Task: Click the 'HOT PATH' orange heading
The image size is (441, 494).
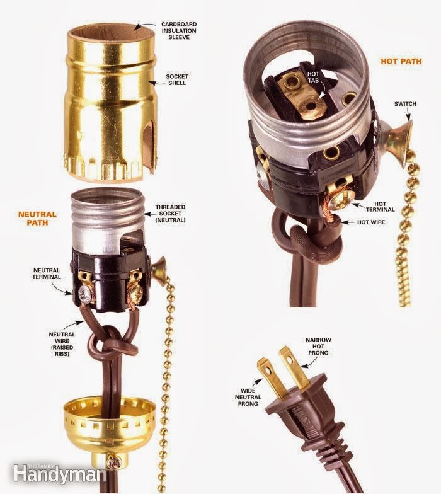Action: click(401, 61)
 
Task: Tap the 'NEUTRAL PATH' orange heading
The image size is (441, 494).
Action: click(37, 218)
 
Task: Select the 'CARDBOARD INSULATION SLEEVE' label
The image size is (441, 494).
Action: click(179, 30)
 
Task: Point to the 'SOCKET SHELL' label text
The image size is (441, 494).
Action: click(176, 79)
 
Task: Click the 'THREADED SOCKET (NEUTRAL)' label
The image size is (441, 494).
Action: click(170, 213)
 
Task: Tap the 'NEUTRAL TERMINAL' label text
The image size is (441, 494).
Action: click(47, 273)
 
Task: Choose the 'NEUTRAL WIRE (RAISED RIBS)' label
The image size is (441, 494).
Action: click(62, 344)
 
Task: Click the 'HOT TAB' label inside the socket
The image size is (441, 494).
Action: click(314, 77)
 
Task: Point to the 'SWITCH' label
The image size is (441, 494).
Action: click(405, 103)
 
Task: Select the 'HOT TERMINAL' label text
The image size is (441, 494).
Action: click(381, 207)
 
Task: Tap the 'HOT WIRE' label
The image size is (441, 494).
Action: click(371, 222)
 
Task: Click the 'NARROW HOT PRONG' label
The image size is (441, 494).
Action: click(318, 347)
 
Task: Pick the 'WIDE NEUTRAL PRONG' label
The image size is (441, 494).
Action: click(248, 397)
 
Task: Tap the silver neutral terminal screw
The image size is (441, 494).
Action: click(86, 294)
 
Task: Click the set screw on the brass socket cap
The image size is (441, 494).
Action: click(112, 462)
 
